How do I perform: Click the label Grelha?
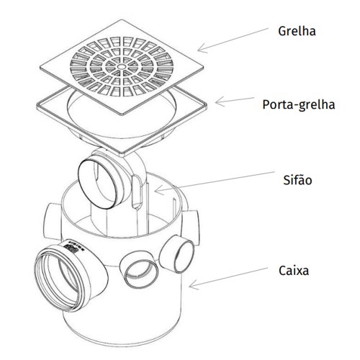pyautogui.click(x=297, y=31)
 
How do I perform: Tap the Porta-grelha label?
pyautogui.click(x=299, y=105)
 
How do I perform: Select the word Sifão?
pyautogui.click(x=297, y=180)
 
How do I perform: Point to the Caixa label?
pyautogui.click(x=294, y=271)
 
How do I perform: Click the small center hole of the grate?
pyautogui.click(x=122, y=66)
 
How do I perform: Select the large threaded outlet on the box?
pyautogui.click(x=63, y=276)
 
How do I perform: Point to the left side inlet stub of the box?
pyautogui.click(x=52, y=221)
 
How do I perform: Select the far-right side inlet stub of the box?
pyautogui.click(x=192, y=227)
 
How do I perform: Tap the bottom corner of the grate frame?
pyautogui.click(x=123, y=156)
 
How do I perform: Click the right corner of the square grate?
pyautogui.click(x=204, y=68)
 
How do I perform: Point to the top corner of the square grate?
pyautogui.click(x=120, y=20)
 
